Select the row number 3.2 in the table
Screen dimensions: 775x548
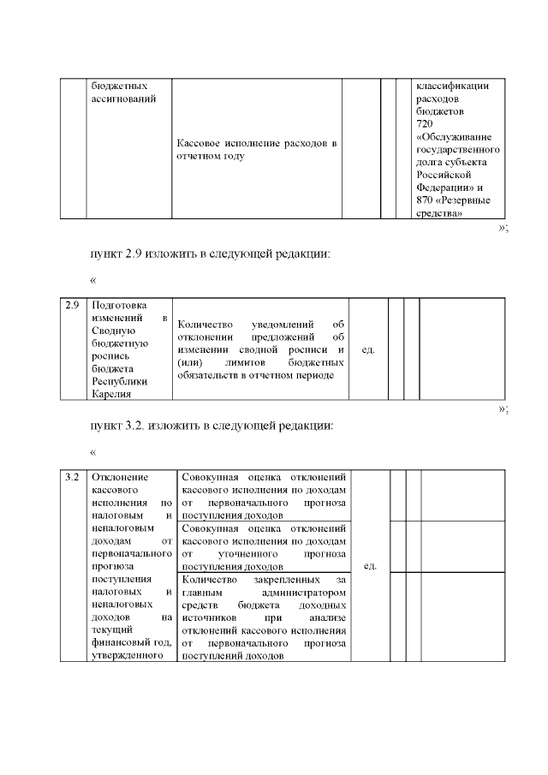(x=73, y=476)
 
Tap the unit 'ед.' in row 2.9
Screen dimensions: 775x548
(x=368, y=349)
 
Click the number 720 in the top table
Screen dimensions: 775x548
(x=424, y=124)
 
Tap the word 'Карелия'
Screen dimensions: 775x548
(x=110, y=394)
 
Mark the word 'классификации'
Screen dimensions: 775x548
(x=452, y=86)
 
